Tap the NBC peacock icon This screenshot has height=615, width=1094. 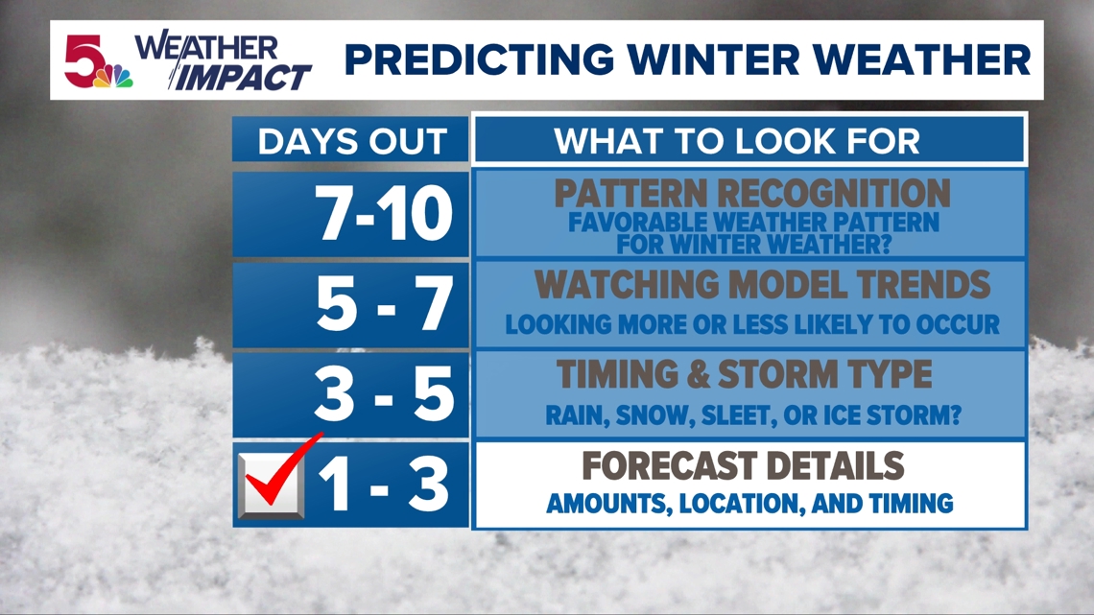point(119,77)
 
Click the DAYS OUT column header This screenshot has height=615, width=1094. point(351,142)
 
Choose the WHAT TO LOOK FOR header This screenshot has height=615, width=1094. point(737,142)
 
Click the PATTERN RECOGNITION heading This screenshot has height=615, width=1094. point(751,194)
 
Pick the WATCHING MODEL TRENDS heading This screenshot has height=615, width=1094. point(762,284)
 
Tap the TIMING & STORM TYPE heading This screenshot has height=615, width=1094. point(744,374)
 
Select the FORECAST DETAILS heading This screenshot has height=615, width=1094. point(744,466)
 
